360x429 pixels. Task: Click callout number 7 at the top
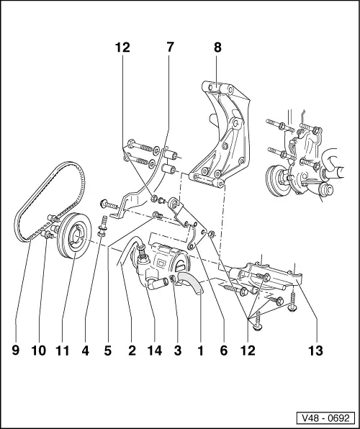click(x=170, y=48)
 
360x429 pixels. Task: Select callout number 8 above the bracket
click(x=217, y=48)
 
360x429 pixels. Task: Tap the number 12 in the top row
click(x=123, y=48)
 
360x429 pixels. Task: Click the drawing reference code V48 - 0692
click(x=327, y=417)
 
